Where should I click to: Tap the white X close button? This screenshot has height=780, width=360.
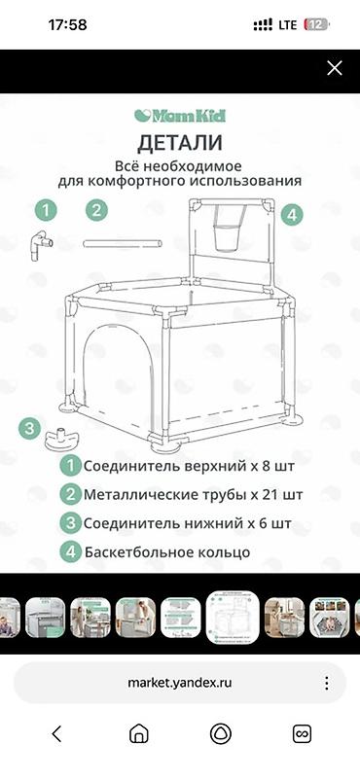click(334, 68)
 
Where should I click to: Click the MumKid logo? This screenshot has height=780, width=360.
click(180, 116)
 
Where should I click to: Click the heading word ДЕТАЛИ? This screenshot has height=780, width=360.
click(180, 143)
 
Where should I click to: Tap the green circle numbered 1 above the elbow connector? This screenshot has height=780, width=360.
click(46, 210)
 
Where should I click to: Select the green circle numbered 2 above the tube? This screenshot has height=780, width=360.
click(96, 210)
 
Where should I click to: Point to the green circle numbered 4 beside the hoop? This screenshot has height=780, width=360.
click(292, 215)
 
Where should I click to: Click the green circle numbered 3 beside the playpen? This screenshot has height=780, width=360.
click(30, 428)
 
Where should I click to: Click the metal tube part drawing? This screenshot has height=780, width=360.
click(123, 243)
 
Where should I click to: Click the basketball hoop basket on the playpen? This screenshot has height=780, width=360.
click(229, 229)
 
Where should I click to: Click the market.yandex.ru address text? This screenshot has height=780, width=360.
click(180, 683)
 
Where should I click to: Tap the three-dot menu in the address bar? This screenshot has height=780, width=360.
click(327, 683)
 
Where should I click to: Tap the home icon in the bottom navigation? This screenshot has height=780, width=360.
click(138, 733)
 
